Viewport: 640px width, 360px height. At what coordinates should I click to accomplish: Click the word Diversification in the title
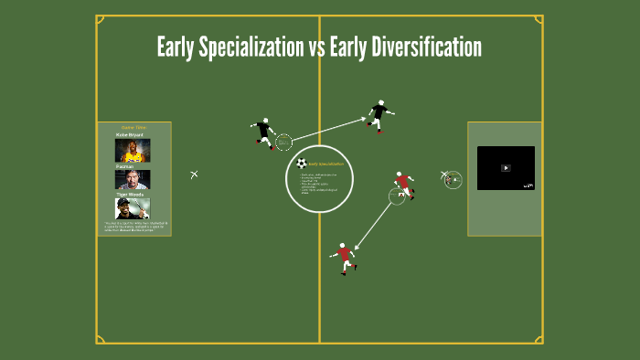(x=427, y=48)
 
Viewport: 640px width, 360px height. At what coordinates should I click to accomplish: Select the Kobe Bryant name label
(x=130, y=134)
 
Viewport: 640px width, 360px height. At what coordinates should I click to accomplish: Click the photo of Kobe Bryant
(x=133, y=150)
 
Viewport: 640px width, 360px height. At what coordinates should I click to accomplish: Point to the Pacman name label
(x=125, y=166)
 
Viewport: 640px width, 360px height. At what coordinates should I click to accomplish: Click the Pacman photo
(x=133, y=179)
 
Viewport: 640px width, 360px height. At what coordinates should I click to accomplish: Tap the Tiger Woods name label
(x=129, y=194)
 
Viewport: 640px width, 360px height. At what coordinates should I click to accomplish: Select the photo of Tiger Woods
(x=133, y=208)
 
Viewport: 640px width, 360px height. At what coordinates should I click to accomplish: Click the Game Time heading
(x=133, y=127)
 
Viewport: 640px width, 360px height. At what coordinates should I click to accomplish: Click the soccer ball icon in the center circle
(x=302, y=164)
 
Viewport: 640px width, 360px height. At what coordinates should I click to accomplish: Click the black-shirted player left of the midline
(x=264, y=133)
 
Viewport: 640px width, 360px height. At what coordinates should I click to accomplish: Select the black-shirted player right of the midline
(x=379, y=116)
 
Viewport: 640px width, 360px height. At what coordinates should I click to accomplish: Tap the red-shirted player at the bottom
(x=344, y=258)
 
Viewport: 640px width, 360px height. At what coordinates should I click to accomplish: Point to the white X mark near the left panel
(x=194, y=175)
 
